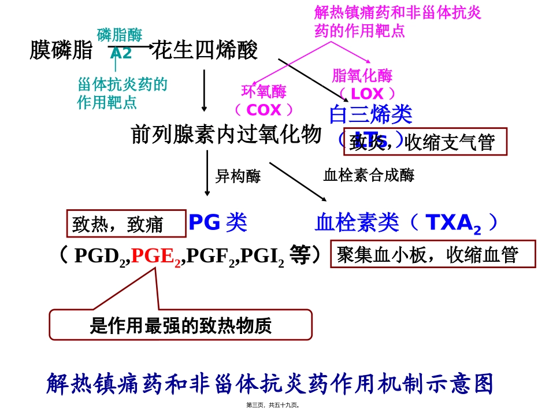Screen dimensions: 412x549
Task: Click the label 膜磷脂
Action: coord(61,51)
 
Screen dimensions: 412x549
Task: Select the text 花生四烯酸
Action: coord(204,51)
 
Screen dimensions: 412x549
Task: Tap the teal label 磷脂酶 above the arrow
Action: coord(119,35)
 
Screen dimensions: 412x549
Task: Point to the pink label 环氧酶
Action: coord(264,91)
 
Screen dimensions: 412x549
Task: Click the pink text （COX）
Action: coord(264,110)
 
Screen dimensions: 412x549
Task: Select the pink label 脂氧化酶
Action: coord(362,76)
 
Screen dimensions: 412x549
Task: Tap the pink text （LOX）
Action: coord(368,94)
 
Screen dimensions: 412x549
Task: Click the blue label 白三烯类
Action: coord(370,115)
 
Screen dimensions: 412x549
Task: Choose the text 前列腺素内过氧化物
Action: coord(227,135)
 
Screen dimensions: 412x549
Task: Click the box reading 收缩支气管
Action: coord(425,142)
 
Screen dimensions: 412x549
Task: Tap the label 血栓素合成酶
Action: coord(369,175)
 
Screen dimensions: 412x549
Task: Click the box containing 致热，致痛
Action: coord(127,223)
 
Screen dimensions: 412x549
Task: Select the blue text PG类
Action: coord(218,222)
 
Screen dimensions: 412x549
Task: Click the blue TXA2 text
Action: coord(453,223)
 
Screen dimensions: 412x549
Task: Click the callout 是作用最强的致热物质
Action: coord(180,325)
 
